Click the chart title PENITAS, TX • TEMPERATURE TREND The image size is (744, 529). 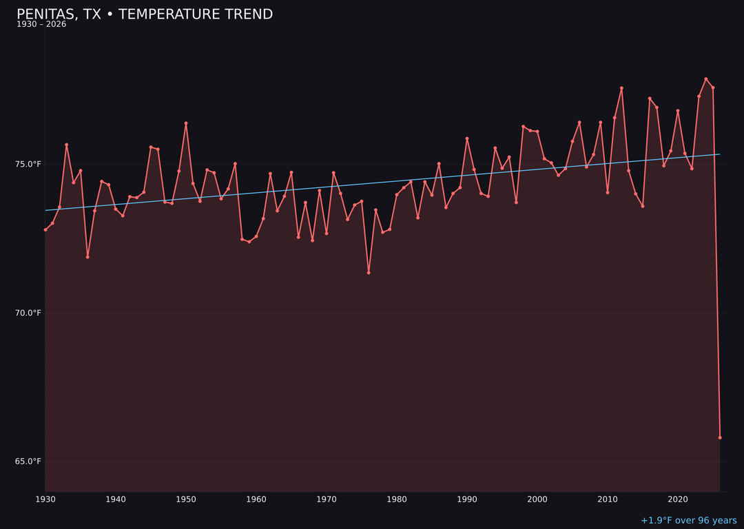[145, 14]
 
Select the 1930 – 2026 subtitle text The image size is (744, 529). [41, 25]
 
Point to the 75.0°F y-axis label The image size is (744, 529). [28, 164]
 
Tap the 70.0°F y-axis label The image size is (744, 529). [28, 313]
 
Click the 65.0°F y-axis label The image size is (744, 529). [28, 461]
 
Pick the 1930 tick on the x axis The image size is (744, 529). [45, 499]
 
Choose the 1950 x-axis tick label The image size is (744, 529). [186, 499]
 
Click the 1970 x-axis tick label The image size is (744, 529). [327, 499]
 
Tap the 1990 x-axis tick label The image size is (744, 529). [467, 499]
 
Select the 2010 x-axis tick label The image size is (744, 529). [608, 499]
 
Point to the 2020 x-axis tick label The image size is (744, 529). [678, 499]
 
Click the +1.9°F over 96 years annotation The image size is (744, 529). [688, 521]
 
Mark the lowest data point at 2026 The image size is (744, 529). [720, 437]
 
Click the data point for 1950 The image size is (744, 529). [186, 123]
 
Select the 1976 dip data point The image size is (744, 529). [369, 273]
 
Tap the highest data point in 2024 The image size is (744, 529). [705, 79]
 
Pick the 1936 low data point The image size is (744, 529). [87, 257]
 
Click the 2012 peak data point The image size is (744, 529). [621, 88]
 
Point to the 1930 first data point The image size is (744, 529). [45, 229]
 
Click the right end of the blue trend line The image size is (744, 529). [719, 154]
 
